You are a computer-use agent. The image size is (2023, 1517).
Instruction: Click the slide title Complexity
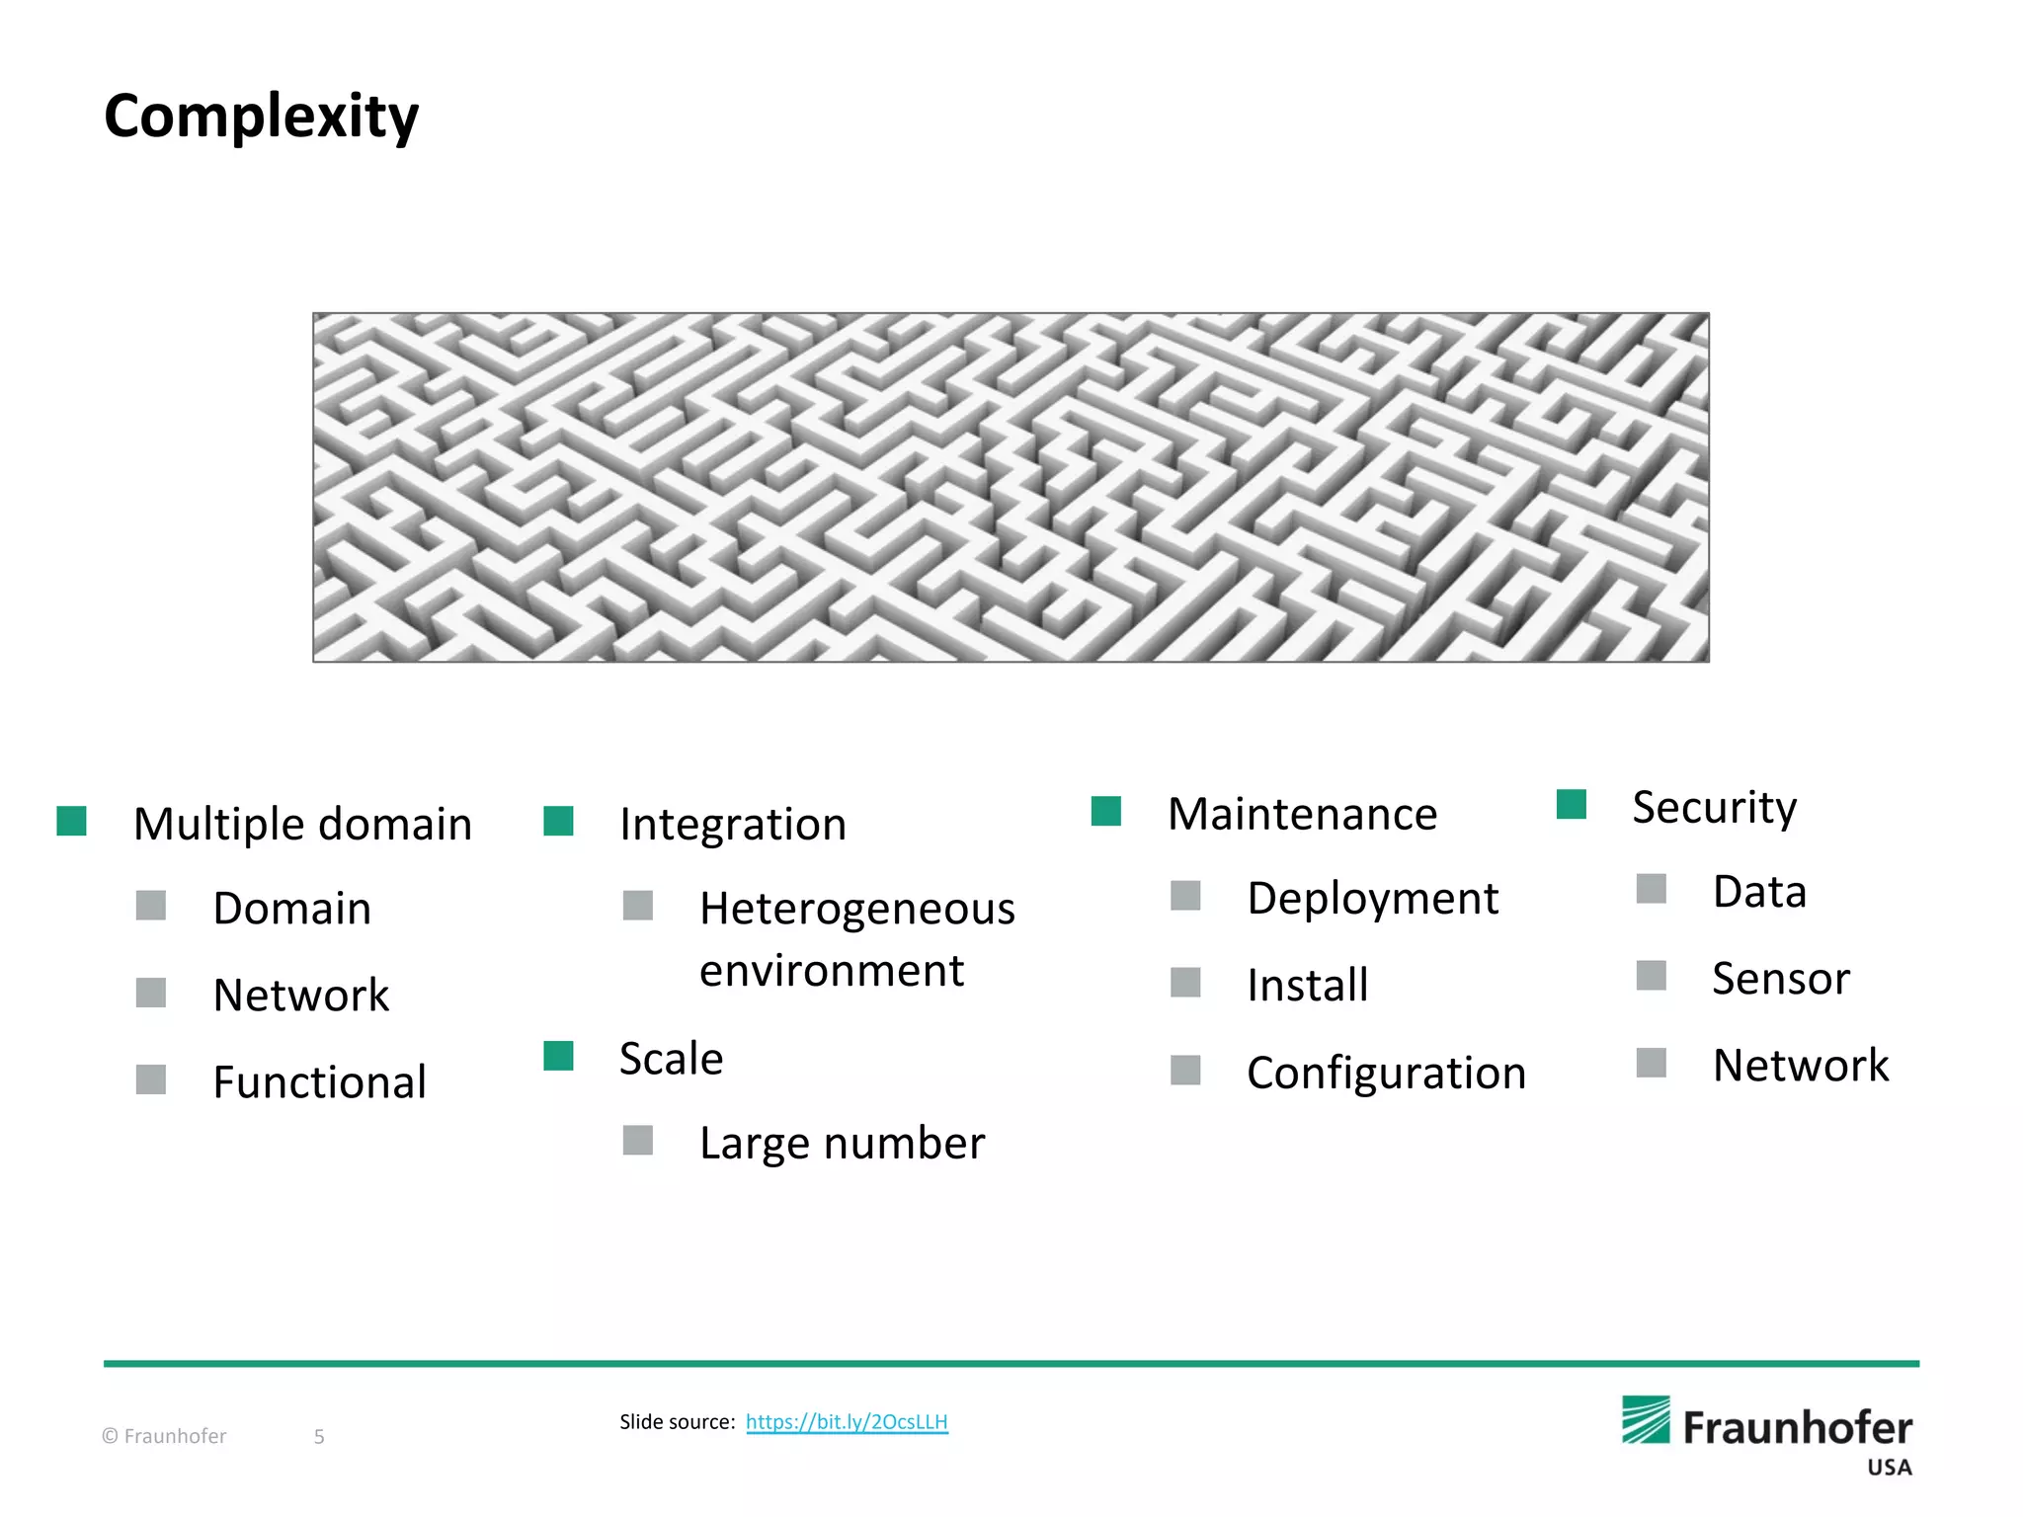tap(262, 117)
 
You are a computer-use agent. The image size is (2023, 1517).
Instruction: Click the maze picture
tap(1011, 487)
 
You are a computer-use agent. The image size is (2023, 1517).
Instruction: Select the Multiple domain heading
tap(302, 824)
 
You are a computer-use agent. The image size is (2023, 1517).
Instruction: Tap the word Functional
tap(319, 1081)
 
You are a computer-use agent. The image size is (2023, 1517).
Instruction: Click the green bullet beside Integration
tap(559, 822)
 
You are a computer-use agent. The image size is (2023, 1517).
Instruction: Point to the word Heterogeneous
tap(856, 909)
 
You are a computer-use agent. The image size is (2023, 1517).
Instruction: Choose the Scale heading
tap(672, 1059)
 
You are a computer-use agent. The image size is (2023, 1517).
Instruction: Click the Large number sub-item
tap(842, 1143)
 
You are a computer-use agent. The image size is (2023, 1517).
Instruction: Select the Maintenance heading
tap(1302, 814)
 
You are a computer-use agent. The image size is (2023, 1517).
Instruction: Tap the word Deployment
tap(1372, 899)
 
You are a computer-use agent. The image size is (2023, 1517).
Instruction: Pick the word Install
tap(1307, 985)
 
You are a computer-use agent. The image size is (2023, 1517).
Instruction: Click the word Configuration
tap(1386, 1073)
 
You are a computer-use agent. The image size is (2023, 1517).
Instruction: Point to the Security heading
tap(1714, 808)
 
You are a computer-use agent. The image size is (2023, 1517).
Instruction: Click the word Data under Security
tap(1759, 892)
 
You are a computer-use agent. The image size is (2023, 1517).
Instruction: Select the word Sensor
tap(1780, 979)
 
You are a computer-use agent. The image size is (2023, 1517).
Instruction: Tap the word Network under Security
tap(1800, 1065)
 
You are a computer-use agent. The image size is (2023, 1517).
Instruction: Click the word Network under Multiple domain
tap(301, 995)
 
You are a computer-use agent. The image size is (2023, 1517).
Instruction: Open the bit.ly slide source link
tap(847, 1422)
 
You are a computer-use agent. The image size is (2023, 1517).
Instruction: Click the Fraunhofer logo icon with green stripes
tap(1646, 1420)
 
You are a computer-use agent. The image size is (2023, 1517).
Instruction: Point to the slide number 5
tap(319, 1437)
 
